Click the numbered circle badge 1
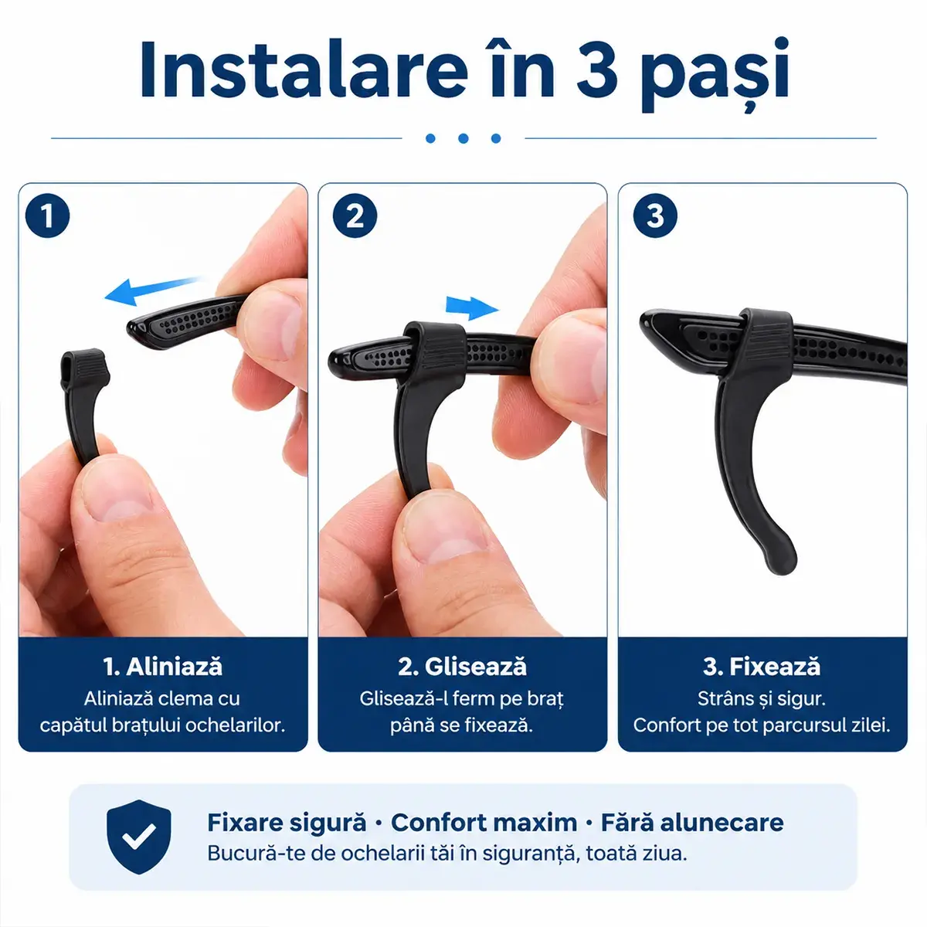click(x=47, y=215)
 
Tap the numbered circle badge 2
click(x=355, y=215)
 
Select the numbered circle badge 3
click(x=655, y=215)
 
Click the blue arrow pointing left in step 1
click(x=153, y=290)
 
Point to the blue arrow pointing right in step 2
click(x=472, y=307)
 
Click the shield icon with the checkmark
click(x=138, y=837)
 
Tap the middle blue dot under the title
click(x=463, y=138)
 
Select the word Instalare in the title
click(x=303, y=70)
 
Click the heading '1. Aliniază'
click(x=162, y=667)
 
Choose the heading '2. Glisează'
click(x=462, y=667)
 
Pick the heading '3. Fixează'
click(x=762, y=667)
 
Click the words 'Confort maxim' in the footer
click(x=484, y=823)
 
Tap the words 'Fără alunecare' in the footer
click(x=692, y=823)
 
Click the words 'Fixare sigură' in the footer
click(x=287, y=823)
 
